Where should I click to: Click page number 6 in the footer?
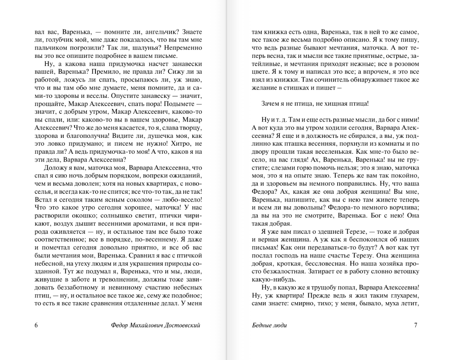36,325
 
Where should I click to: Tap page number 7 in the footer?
416,325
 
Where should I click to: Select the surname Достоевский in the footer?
183,325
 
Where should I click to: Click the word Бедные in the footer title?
261,325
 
